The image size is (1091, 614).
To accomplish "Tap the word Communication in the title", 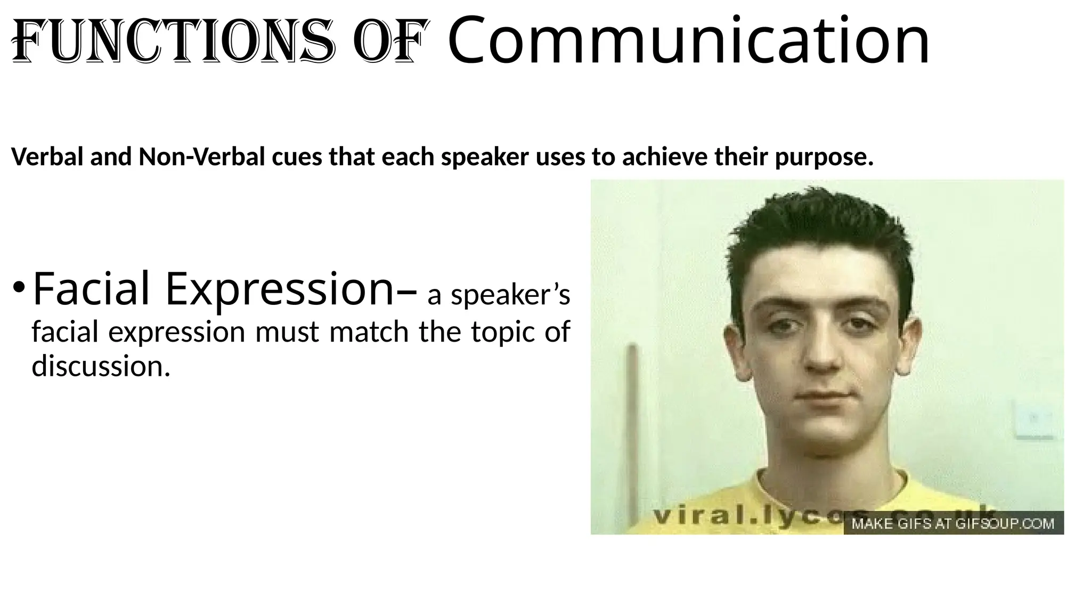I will coord(688,40).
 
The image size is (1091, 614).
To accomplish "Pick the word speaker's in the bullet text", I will coord(510,295).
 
